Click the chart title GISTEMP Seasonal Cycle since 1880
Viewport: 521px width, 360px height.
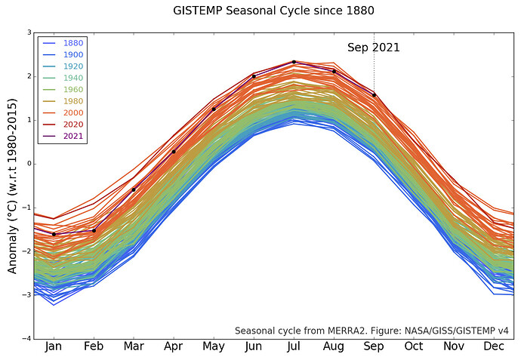pos(273,11)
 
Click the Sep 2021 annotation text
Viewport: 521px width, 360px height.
pos(373,48)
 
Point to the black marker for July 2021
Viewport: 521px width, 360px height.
pos(294,62)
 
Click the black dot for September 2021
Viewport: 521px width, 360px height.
pos(374,95)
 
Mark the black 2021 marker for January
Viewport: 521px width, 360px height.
pos(54,234)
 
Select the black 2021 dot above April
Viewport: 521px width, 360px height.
pos(174,152)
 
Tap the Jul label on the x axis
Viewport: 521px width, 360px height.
pos(294,347)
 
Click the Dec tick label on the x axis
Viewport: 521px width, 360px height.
pos(494,347)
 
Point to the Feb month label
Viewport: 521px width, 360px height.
pos(94,347)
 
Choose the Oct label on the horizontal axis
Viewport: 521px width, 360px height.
pos(414,347)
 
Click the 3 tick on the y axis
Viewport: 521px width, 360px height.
pos(29,33)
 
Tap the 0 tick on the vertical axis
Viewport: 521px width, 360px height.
pos(29,164)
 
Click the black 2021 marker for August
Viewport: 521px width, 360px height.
pos(334,71)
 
